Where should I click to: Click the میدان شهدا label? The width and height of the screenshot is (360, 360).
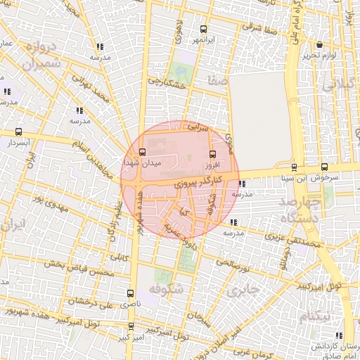143,162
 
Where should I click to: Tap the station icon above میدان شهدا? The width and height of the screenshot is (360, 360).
143,152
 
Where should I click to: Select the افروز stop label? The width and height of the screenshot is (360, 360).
212,165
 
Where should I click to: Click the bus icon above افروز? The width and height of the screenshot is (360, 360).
212,155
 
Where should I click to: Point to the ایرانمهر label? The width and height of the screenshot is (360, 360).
204,41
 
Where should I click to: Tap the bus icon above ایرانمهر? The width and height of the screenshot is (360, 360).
204,30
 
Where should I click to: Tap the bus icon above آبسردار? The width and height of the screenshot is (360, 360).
18,131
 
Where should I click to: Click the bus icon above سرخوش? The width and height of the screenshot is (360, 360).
323,167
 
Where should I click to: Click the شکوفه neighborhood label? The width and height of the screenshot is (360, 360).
166,289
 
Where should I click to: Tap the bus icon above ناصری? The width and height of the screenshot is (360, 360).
129,293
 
